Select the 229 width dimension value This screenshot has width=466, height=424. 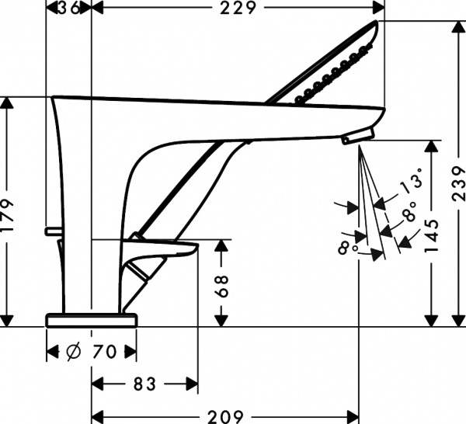pyautogui.click(x=238, y=8)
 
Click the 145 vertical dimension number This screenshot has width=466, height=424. pyautogui.click(x=432, y=233)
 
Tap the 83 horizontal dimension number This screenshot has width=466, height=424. pyautogui.click(x=143, y=384)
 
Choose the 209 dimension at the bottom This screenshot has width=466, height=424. pyautogui.click(x=226, y=415)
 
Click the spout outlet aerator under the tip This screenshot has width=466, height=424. pyautogui.click(x=356, y=137)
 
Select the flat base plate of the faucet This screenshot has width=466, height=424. pyautogui.click(x=92, y=319)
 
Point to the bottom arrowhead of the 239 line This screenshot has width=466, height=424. pyautogui.click(x=457, y=320)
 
